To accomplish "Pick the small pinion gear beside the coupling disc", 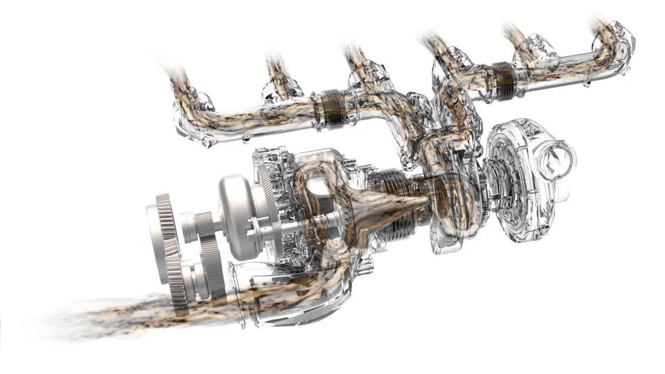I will (x=203, y=224).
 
